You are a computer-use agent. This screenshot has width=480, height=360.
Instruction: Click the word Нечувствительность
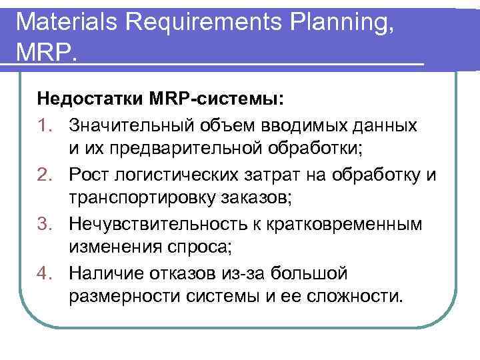click(163, 223)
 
